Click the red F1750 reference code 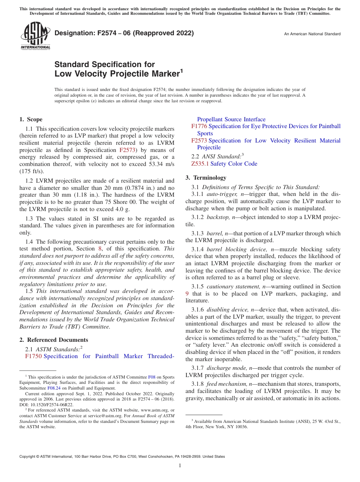coord(33,356)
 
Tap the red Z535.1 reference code coord(200,164)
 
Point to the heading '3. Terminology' coord(206,178)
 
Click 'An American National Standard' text coord(312,34)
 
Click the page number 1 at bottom coord(180,466)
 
